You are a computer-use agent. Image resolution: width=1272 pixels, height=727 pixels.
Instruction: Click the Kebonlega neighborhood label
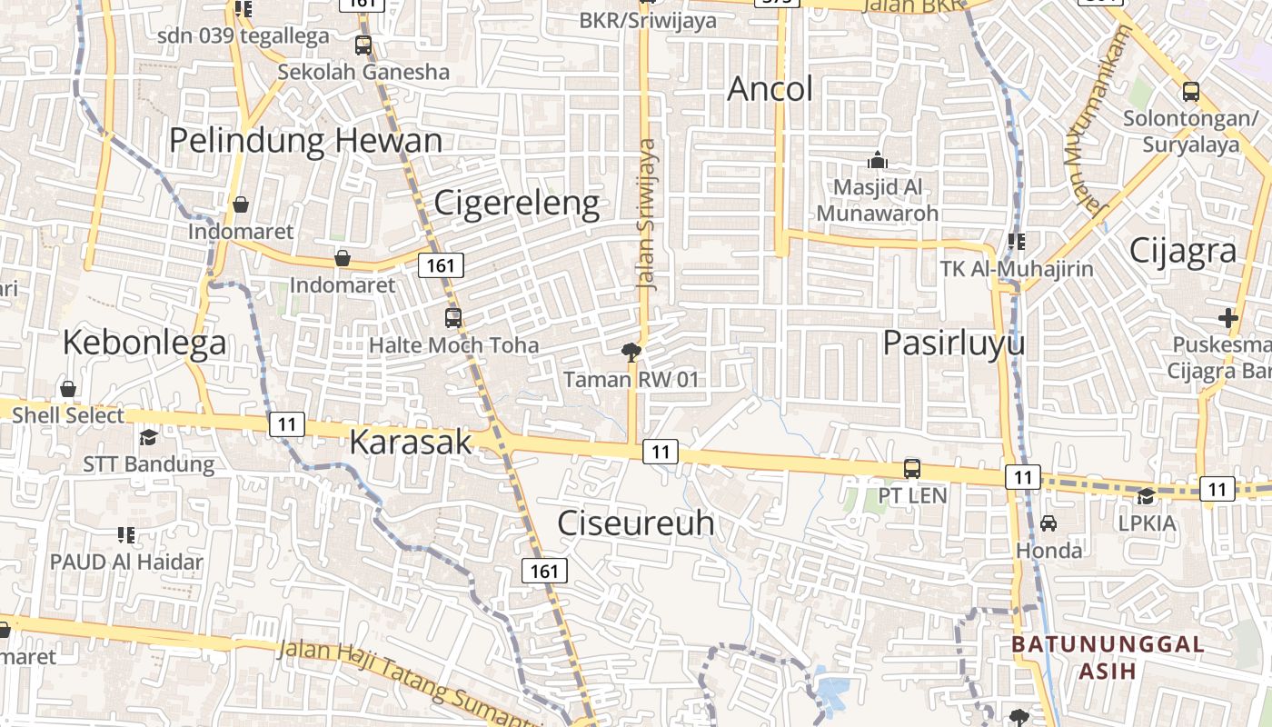144,343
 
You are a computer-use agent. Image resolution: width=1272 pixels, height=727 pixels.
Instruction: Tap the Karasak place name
411,442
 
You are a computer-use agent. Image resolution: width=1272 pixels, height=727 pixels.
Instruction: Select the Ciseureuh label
635,523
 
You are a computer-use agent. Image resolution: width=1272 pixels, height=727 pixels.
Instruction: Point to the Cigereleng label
516,203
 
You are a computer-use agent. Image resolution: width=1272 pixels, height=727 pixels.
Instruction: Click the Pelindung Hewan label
306,141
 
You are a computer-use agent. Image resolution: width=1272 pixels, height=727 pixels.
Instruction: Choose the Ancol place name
770,89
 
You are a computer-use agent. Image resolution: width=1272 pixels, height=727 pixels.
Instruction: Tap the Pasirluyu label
954,343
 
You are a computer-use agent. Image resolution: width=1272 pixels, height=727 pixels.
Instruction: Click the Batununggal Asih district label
1108,657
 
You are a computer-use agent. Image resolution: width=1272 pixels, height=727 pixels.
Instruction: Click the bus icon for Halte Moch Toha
453,318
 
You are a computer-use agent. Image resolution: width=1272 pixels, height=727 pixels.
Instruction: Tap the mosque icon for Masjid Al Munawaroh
877,160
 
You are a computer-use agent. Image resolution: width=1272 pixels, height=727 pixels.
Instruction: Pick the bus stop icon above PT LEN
912,469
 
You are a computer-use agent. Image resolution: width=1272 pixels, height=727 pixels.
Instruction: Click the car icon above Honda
1048,523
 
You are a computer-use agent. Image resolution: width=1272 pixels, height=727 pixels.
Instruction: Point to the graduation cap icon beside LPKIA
1147,496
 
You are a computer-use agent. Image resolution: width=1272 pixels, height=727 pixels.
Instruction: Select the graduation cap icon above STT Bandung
148,438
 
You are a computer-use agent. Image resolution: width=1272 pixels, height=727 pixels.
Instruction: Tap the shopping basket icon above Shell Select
68,390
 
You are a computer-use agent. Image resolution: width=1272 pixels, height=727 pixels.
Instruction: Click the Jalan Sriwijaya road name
647,214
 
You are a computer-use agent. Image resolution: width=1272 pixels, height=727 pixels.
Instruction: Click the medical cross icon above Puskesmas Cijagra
1228,318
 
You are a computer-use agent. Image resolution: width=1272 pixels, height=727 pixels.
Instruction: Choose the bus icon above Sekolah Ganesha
363,45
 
